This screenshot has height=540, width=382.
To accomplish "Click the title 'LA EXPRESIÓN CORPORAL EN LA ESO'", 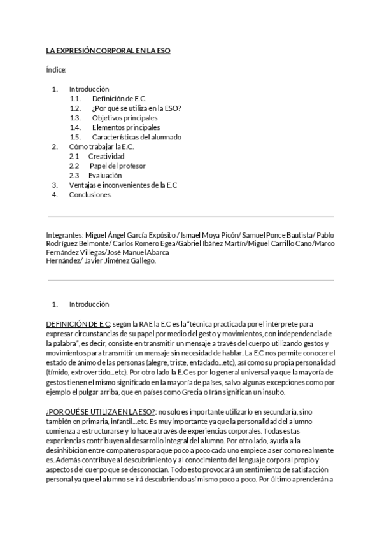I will (x=108, y=50).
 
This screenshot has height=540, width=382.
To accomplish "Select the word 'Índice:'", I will (x=56, y=69).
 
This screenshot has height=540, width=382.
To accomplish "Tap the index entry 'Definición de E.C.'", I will (x=119, y=99).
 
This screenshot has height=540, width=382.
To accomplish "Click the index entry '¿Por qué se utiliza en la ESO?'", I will (x=136, y=108).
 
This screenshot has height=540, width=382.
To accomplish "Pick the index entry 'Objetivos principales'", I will (x=125, y=118).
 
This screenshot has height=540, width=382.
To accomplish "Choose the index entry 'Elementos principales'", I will (x=126, y=127).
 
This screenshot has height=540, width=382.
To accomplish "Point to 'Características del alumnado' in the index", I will (x=136, y=137).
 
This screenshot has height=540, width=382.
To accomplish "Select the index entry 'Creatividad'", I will (x=106, y=156).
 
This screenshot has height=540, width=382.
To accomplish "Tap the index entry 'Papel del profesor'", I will (x=117, y=166).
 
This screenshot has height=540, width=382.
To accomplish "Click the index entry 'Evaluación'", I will (x=105, y=175).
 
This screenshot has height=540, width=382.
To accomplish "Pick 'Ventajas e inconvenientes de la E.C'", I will (x=123, y=185).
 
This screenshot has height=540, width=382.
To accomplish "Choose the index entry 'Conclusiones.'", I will (x=90, y=195).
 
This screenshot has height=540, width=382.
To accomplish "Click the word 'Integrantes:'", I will (x=65, y=235).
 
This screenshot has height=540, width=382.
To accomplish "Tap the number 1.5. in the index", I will (x=76, y=137).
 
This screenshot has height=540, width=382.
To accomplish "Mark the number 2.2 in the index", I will (x=74, y=166).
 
